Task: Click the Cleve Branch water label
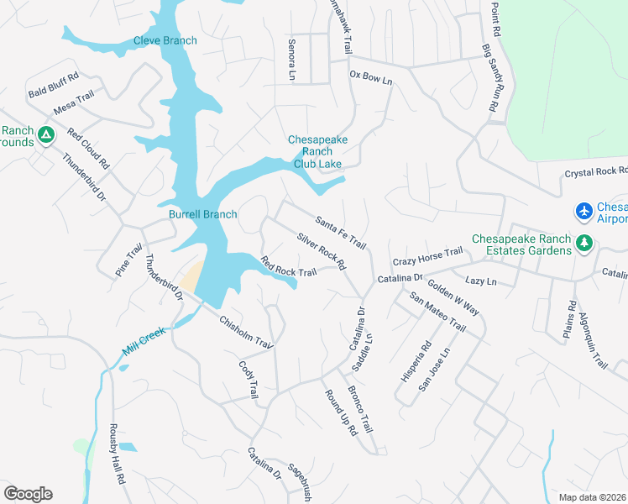165,40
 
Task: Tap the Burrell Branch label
203,214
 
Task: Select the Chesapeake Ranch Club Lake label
317,152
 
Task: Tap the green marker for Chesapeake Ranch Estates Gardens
584,244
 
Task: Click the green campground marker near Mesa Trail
47,134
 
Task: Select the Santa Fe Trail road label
341,232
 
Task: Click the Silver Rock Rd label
322,251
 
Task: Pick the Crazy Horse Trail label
427,252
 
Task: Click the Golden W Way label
453,296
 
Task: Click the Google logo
28,493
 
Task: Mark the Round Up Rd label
340,412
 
